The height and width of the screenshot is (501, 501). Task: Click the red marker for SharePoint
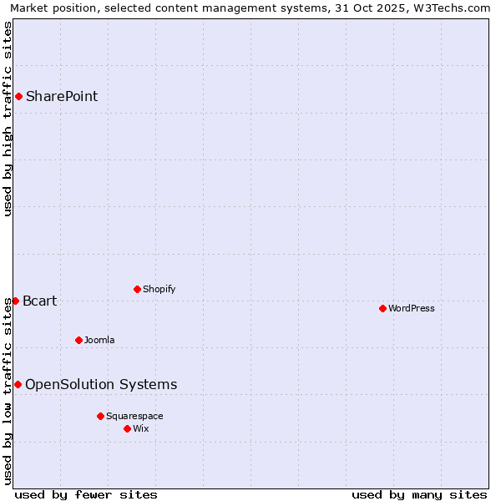pos(18,96)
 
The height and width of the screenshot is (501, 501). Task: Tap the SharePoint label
pos(62,96)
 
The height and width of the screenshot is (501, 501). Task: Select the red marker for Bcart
pos(15,301)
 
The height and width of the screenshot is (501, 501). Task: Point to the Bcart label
pos(40,301)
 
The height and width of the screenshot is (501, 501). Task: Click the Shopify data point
pos(137,290)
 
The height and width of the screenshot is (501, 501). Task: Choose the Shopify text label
pos(159,290)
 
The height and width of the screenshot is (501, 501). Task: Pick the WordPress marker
pos(382,308)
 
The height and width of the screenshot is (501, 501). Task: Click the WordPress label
pos(412,308)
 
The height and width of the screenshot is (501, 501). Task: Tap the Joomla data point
pos(78,340)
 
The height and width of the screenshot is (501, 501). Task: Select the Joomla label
pos(99,340)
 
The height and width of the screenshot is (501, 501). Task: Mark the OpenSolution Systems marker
pos(18,384)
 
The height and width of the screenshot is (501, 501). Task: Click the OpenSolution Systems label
pos(101,384)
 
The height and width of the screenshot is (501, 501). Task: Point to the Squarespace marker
pos(100,416)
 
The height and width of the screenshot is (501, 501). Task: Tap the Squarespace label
pos(134,416)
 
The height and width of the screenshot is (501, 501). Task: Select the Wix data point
pos(127,428)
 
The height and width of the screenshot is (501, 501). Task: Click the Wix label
pos(141,428)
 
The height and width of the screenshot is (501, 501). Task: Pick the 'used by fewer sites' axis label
pos(86,494)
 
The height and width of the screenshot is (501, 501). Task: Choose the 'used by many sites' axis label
pos(419,494)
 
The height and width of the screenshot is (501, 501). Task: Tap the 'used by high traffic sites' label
pos(8,119)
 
